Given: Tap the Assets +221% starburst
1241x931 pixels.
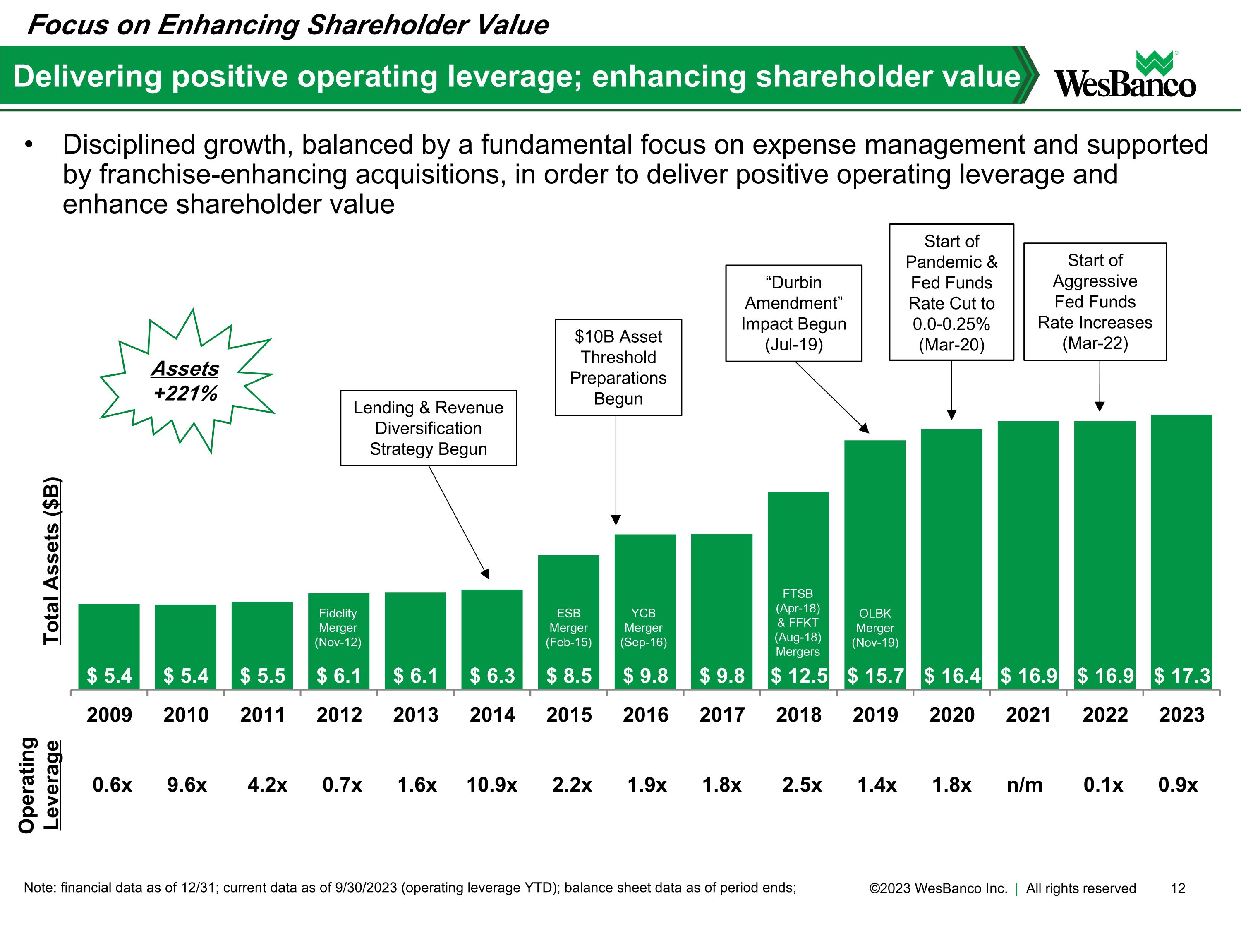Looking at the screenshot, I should coord(186,381).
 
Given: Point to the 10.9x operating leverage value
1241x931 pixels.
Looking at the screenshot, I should coord(492,785).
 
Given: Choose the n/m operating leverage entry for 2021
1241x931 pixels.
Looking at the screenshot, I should coord(1024,785).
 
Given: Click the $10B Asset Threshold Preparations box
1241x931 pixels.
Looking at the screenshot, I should coord(618,367).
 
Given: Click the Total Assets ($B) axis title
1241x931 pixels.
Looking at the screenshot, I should coord(52,561).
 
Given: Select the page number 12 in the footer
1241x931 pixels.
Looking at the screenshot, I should coord(1178,888).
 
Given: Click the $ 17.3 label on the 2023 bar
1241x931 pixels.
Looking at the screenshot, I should coord(1181,676).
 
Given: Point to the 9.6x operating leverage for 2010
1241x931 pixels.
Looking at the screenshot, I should coord(187,785).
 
